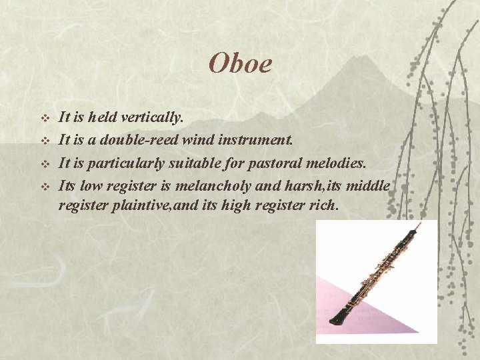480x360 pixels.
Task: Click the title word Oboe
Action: tap(240, 63)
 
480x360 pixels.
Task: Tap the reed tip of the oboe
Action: tap(420, 227)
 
